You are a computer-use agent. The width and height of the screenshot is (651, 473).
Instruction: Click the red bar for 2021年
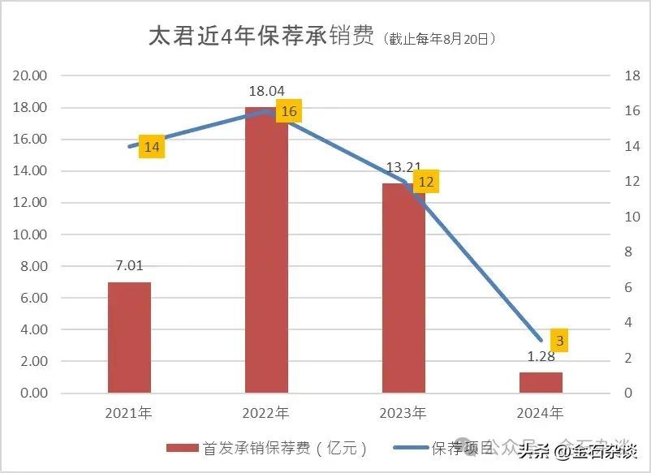(x=129, y=338)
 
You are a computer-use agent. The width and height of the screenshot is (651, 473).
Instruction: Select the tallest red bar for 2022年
(x=266, y=250)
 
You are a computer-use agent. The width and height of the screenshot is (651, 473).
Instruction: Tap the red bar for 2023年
(x=403, y=288)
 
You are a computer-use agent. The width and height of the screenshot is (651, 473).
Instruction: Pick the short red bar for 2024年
(x=541, y=382)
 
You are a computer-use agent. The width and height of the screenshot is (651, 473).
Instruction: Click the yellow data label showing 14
(x=152, y=147)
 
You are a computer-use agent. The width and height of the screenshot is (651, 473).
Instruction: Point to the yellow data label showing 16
(x=289, y=111)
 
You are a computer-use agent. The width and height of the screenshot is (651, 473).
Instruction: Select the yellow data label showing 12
(x=425, y=182)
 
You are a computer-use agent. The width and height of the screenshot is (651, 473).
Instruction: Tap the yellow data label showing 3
(x=559, y=341)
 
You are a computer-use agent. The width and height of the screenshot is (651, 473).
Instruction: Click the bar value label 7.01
(x=129, y=264)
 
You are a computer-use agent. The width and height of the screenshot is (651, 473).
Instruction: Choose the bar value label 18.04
(x=266, y=91)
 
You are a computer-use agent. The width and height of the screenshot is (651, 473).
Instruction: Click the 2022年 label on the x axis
(x=266, y=413)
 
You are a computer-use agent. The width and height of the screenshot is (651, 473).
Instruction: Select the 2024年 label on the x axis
(x=541, y=413)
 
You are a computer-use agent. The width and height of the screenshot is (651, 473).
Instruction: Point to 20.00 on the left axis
(x=31, y=75)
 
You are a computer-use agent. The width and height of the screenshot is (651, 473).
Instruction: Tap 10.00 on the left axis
(x=31, y=234)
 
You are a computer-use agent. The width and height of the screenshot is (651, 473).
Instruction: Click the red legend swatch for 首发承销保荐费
(x=183, y=448)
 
